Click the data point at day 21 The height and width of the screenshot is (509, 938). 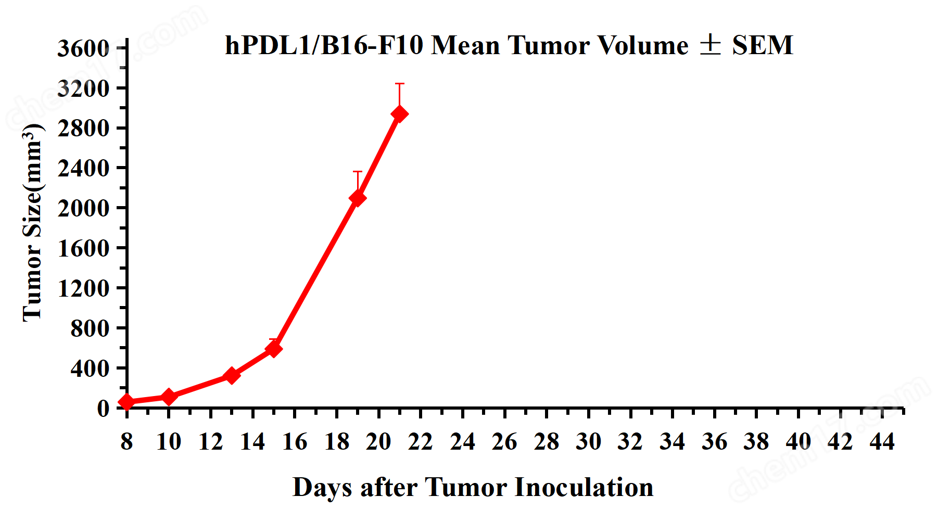[x=399, y=114]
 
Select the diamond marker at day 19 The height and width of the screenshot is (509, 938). [x=358, y=198]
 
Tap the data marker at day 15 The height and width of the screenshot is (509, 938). [x=273, y=348]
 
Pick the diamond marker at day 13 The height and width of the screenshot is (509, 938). [x=232, y=375]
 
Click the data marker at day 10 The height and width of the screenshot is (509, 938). [x=169, y=397]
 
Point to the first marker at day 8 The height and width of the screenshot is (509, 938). [x=127, y=402]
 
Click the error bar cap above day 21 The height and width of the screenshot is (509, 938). [x=399, y=84]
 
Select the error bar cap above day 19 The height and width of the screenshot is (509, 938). [x=358, y=172]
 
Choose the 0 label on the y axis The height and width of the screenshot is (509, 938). [x=103, y=408]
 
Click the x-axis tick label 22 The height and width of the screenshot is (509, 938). [x=421, y=442]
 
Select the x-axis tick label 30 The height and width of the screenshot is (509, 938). [x=588, y=442]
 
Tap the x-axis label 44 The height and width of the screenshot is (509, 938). [x=882, y=442]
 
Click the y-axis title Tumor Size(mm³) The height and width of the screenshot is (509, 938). [x=32, y=223]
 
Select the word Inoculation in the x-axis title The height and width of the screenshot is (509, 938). [x=584, y=488]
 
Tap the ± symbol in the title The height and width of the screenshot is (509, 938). [x=710, y=45]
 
